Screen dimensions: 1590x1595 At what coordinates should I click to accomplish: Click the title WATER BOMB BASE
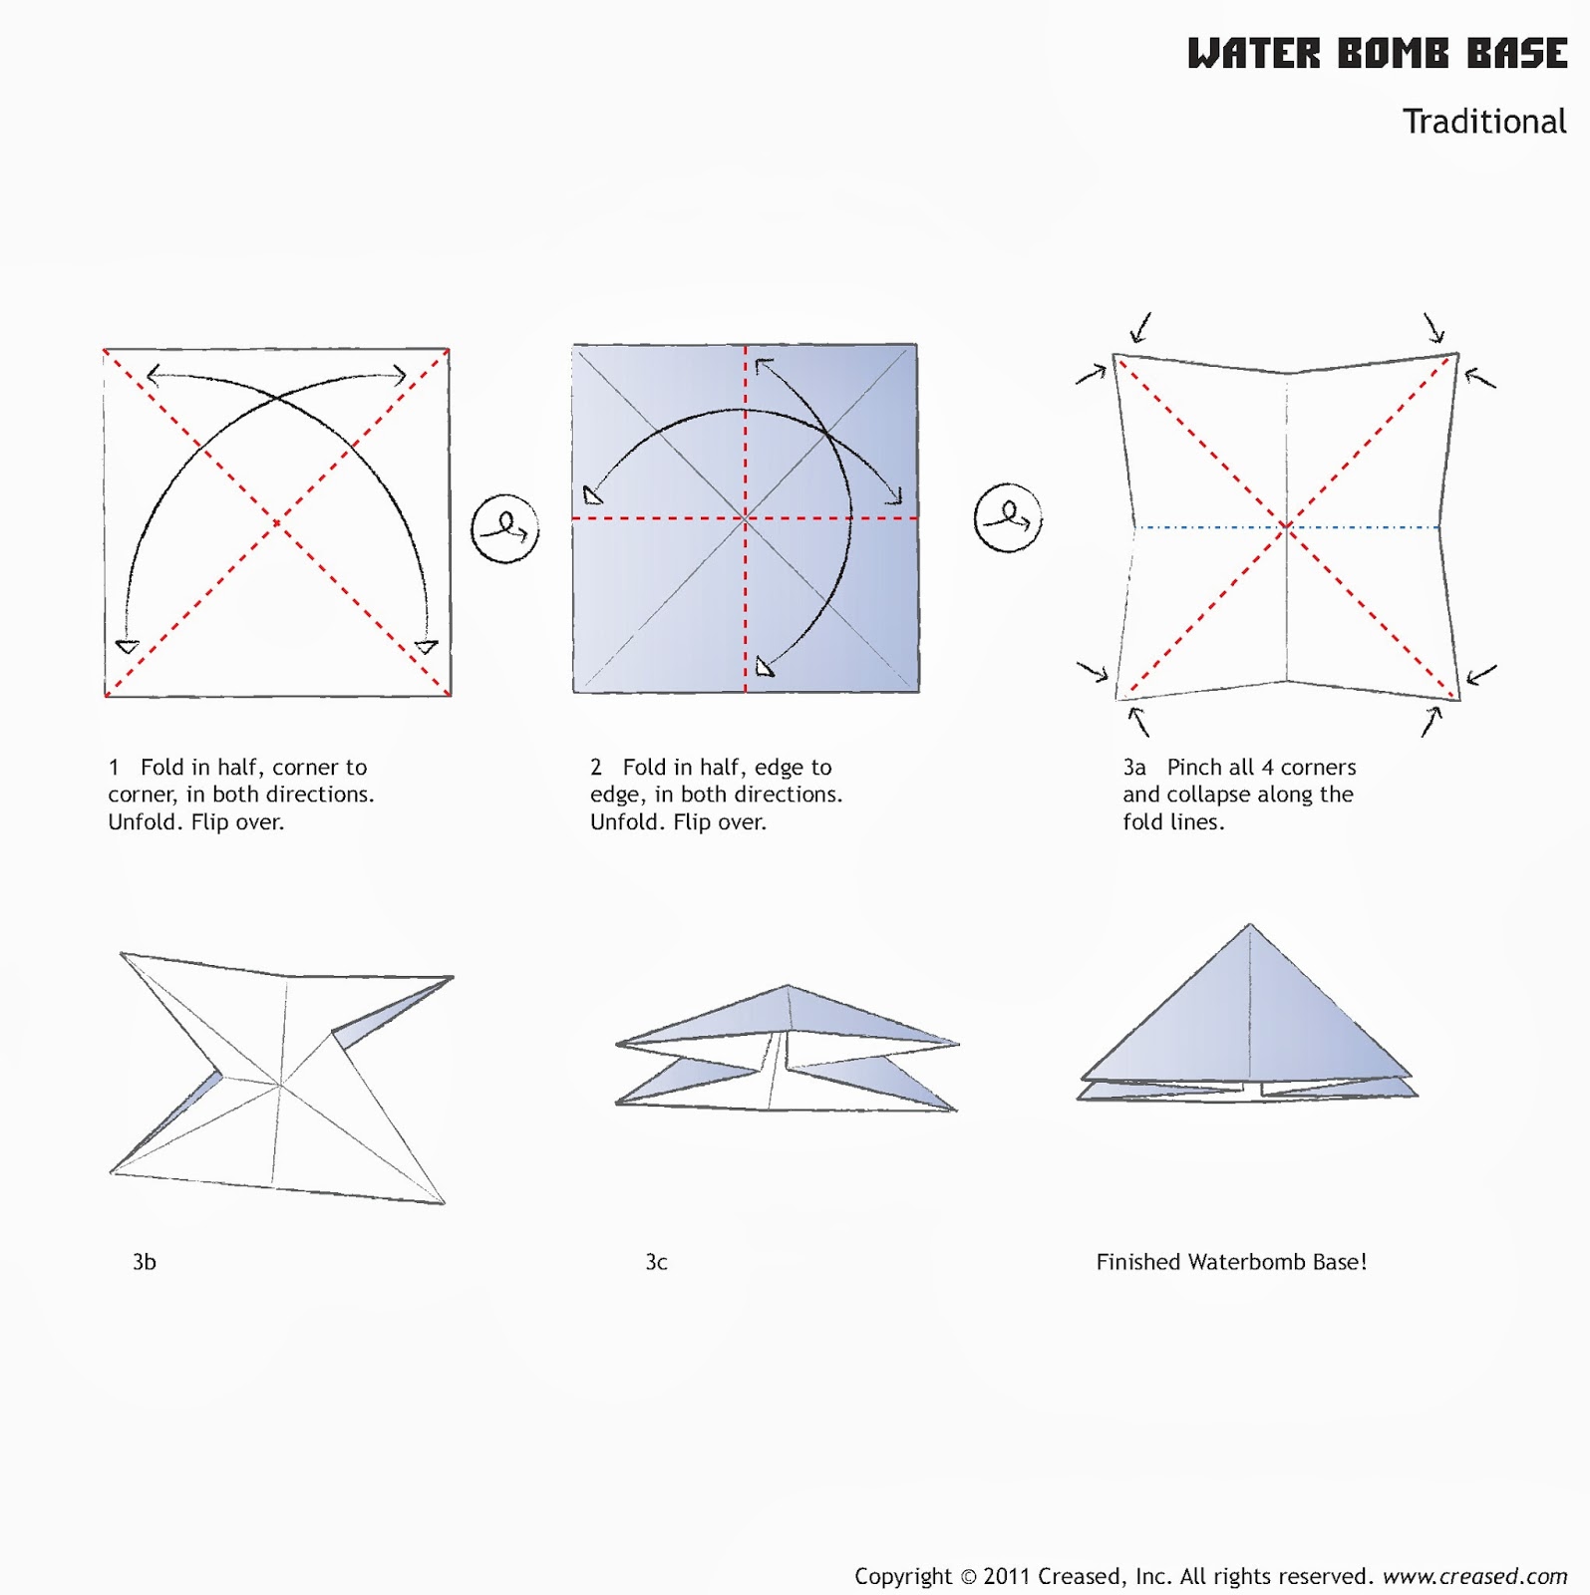click(x=1377, y=53)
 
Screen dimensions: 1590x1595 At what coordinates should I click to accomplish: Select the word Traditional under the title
click(x=1484, y=122)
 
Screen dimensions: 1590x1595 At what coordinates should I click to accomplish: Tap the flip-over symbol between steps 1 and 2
click(x=505, y=528)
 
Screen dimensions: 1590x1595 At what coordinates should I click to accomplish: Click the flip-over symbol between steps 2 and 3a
click(x=1008, y=517)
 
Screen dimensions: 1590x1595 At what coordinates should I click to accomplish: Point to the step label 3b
click(x=145, y=1262)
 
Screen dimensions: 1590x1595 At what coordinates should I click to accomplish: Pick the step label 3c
click(x=656, y=1262)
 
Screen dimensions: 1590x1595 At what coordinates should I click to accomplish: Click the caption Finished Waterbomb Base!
click(x=1231, y=1262)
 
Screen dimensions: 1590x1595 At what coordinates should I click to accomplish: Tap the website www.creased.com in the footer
click(x=1474, y=1576)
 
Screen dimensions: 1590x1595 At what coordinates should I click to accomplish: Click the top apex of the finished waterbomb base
click(x=1250, y=924)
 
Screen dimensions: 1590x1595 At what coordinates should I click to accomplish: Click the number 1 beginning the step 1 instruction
click(x=114, y=768)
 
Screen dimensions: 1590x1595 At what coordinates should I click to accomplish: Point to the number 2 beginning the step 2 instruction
click(x=596, y=768)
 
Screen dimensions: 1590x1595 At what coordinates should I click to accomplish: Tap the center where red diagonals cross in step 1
click(x=277, y=522)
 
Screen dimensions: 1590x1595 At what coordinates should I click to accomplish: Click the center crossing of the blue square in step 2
click(x=746, y=517)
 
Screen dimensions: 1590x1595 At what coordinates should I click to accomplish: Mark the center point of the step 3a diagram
click(x=1287, y=526)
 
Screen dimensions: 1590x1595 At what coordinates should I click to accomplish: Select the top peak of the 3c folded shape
click(x=788, y=986)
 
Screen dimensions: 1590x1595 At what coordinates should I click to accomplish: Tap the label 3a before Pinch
click(x=1134, y=768)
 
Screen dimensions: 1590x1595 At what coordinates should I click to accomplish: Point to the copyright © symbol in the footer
click(x=967, y=1577)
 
